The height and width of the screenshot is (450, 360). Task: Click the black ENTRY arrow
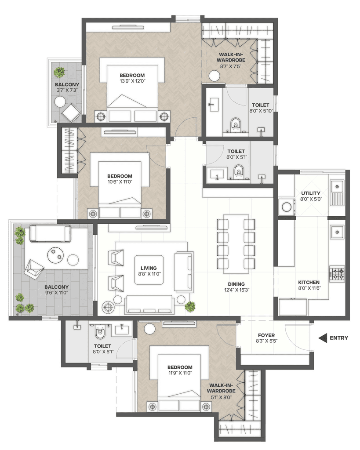(x=323, y=338)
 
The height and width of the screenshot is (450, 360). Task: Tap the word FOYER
(x=266, y=335)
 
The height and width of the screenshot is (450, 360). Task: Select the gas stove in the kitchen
(x=337, y=274)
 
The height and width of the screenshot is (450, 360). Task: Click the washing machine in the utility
(x=287, y=207)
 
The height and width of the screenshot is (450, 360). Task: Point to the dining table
(x=236, y=244)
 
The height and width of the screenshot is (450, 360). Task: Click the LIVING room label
(x=149, y=268)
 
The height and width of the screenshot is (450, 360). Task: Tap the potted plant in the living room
(x=190, y=306)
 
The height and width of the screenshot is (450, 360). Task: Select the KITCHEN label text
(x=309, y=283)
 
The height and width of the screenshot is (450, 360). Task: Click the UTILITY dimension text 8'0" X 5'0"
(x=311, y=199)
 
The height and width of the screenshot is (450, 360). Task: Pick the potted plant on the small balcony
(x=59, y=72)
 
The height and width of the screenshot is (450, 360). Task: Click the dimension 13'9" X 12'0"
(x=133, y=81)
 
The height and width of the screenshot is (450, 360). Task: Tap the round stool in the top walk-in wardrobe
(x=215, y=76)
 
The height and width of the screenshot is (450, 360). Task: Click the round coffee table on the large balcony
(x=55, y=255)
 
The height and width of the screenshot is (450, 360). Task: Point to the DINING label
(x=236, y=284)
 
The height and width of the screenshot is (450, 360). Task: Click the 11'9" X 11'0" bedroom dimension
(x=180, y=373)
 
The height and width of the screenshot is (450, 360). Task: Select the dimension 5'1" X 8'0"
(x=222, y=397)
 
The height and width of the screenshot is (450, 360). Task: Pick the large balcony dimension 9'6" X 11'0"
(x=57, y=293)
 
